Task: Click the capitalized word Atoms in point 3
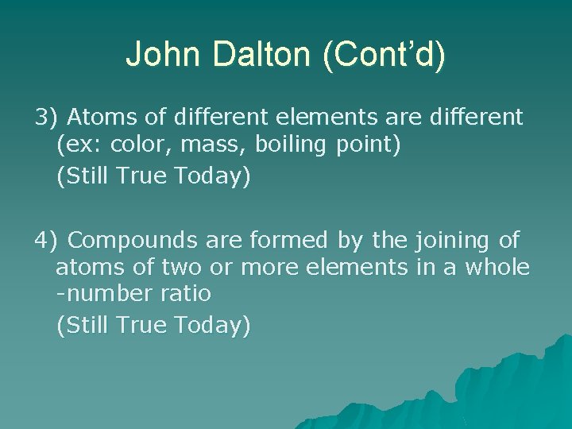[99, 118]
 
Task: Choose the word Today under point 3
[211, 176]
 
